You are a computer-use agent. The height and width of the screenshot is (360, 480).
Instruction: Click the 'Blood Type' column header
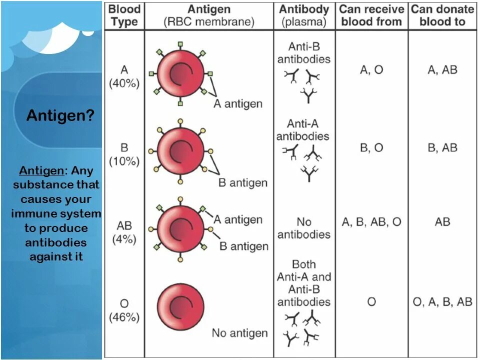tap(124, 15)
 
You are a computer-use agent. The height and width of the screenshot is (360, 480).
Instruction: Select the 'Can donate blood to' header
tap(442, 15)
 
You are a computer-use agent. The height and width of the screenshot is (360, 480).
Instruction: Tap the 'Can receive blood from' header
tap(371, 15)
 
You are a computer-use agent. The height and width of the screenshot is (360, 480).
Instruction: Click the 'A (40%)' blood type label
tap(124, 76)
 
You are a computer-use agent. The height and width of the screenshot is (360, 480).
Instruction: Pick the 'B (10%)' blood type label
tap(124, 154)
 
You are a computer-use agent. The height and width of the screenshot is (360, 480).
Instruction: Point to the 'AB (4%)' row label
tap(124, 232)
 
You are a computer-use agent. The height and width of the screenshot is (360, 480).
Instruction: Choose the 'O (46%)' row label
tap(124, 310)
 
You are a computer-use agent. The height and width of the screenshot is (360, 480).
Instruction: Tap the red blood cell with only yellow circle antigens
tap(180, 149)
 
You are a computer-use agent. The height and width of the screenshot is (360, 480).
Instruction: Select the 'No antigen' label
tap(239, 333)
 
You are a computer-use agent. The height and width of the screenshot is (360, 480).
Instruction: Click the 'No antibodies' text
tap(304, 228)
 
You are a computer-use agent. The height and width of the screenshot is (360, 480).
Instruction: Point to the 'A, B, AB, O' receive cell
tap(371, 222)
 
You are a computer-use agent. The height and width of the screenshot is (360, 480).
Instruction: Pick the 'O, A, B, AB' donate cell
tap(442, 301)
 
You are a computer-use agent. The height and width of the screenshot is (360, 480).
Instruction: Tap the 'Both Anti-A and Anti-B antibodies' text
tap(304, 283)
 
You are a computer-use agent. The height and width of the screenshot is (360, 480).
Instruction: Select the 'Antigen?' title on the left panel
tap(60, 115)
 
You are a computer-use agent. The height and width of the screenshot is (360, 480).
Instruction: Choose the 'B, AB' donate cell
tap(442, 148)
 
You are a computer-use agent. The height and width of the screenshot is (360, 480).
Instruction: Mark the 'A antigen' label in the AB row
tap(238, 219)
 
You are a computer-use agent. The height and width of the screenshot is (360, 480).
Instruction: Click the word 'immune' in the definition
tap(33, 214)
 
